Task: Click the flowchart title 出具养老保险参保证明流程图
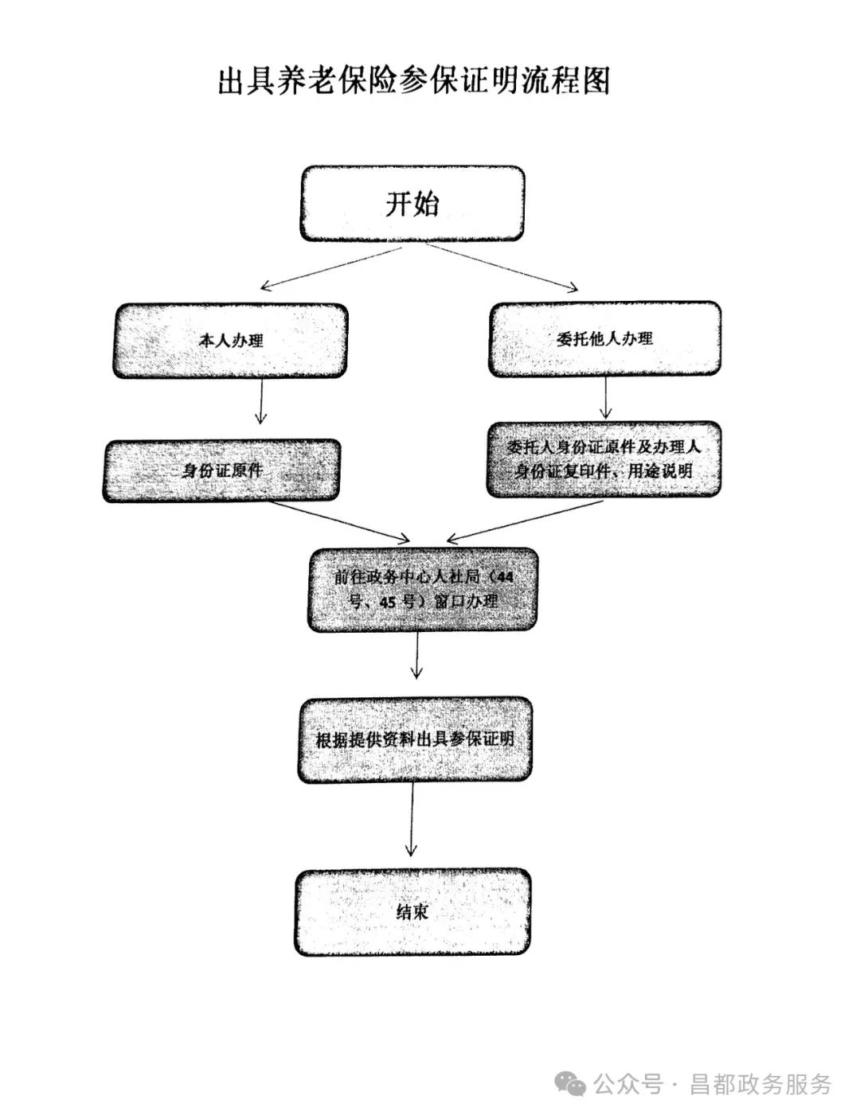[414, 81]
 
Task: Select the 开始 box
[412, 204]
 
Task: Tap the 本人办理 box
[230, 341]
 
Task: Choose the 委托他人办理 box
[604, 339]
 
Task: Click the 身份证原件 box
[221, 470]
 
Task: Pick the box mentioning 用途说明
[604, 459]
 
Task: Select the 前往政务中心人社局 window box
[423, 589]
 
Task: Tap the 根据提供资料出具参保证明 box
[415, 740]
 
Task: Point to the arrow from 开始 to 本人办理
[331, 267]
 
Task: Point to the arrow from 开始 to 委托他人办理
[502, 267]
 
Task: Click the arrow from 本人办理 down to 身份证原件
[261, 401]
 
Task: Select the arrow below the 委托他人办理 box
[606, 397]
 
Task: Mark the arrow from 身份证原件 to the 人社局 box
[340, 521]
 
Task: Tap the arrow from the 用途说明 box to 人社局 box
[524, 521]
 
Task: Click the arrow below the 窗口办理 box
[417, 655]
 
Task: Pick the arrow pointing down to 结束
[412, 820]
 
